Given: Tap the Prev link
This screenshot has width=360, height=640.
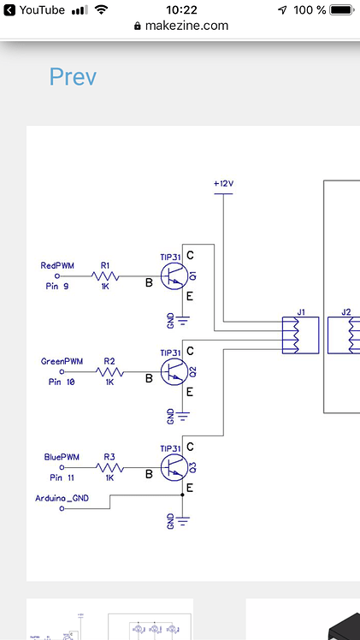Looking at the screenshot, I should (x=73, y=77).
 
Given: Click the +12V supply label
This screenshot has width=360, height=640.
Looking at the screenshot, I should (x=222, y=184).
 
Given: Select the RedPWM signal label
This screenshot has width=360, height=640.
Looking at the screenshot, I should (x=58, y=265).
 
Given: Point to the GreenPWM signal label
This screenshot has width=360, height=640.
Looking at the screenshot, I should (x=59, y=361).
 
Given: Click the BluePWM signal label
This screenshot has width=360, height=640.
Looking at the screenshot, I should (x=61, y=457).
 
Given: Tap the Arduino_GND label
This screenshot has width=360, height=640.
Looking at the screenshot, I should (x=62, y=497).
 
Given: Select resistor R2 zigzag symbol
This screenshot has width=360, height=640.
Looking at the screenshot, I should (x=109, y=373).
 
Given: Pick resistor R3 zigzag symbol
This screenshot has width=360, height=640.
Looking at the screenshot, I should (x=109, y=469).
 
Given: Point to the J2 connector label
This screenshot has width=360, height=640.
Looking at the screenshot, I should (x=345, y=312).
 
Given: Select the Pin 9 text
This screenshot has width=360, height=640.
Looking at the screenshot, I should (x=56, y=287).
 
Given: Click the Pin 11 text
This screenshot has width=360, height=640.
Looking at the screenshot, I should (x=62, y=478).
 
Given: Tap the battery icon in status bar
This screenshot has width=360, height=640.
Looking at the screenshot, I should (x=341, y=10).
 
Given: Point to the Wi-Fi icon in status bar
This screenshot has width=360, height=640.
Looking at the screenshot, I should (x=102, y=10).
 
